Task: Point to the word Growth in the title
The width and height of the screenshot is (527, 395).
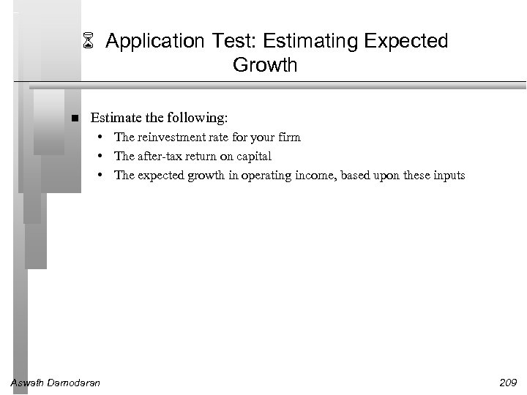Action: [265, 65]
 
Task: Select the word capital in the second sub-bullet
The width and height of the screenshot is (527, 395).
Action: [253, 156]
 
